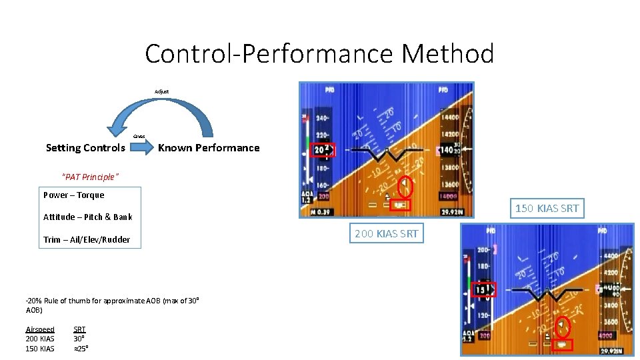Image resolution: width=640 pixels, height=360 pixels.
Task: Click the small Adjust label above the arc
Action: (x=162, y=91)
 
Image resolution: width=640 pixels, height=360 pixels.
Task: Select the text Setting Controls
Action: (x=85, y=148)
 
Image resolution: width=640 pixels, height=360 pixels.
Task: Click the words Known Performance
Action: (x=209, y=148)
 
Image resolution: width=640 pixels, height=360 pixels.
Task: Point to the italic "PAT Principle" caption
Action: (x=90, y=177)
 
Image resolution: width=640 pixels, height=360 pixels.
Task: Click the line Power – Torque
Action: (x=74, y=195)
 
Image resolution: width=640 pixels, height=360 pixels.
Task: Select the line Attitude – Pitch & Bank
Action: (x=88, y=217)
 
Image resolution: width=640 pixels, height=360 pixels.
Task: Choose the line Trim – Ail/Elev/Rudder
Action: (x=87, y=239)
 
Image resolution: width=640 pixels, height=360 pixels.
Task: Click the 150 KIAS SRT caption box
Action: (x=547, y=208)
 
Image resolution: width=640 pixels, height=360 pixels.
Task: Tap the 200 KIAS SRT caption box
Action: (x=387, y=233)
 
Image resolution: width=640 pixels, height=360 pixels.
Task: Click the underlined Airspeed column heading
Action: (x=40, y=329)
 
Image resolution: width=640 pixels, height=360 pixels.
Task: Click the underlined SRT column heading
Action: (x=79, y=329)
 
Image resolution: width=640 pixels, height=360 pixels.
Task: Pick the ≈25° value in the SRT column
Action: (x=81, y=349)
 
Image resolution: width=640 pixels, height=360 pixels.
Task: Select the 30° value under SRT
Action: (x=79, y=339)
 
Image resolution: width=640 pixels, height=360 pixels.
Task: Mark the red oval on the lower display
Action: (x=563, y=325)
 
